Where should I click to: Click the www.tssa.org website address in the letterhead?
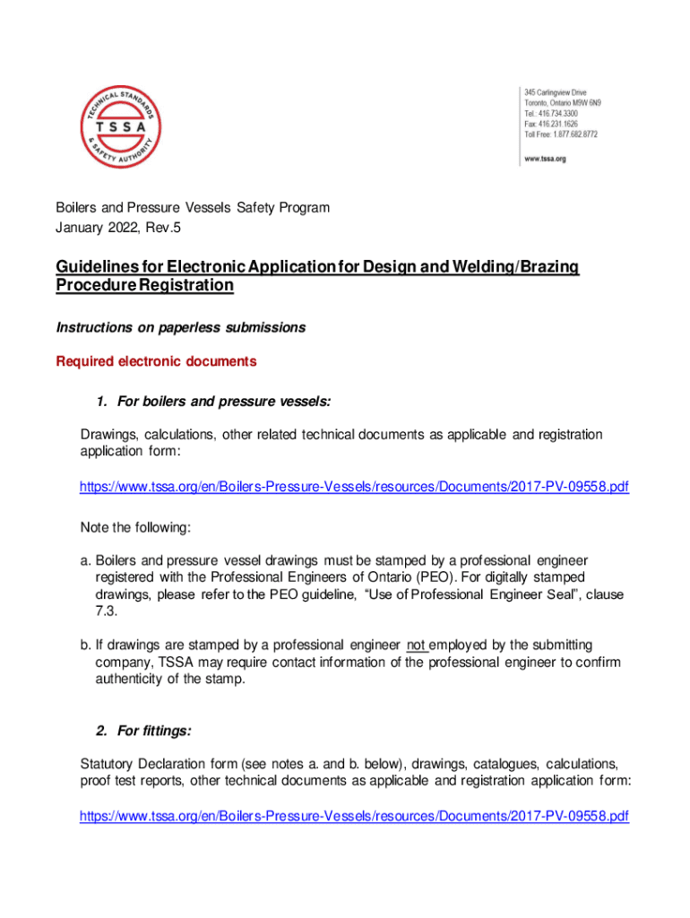(x=544, y=158)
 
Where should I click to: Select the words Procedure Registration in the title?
(x=144, y=285)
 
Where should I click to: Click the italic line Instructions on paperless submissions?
(x=180, y=328)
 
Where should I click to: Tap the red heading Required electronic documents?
(x=156, y=361)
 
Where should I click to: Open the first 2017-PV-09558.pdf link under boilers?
(x=354, y=487)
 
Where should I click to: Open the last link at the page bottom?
(x=354, y=817)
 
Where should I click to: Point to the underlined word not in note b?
(x=417, y=645)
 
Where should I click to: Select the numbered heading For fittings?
(x=154, y=731)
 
